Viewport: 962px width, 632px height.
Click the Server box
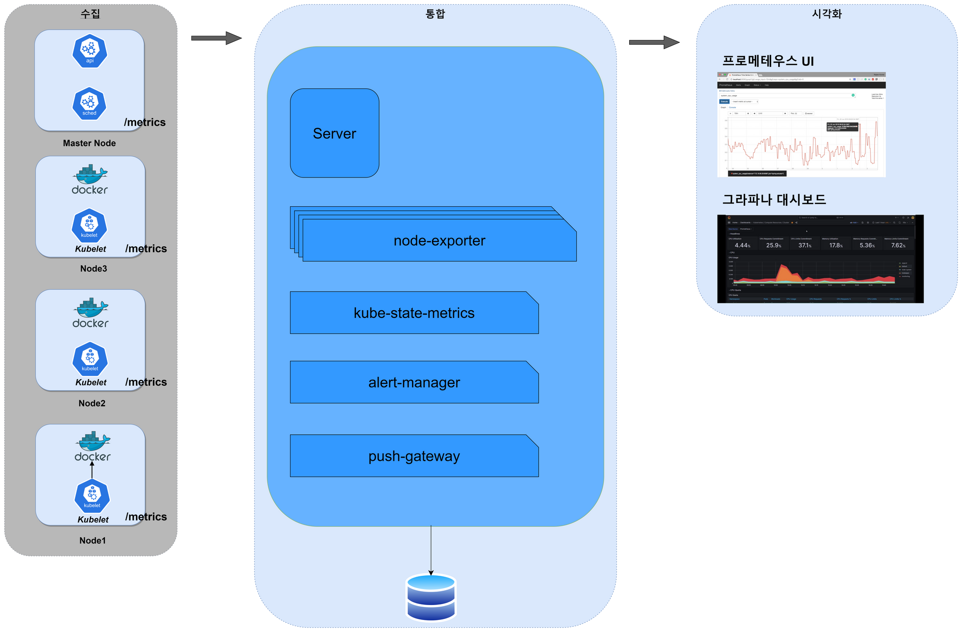[x=334, y=133]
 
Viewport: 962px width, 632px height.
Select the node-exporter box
[x=439, y=240]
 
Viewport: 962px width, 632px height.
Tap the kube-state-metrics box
[x=414, y=313]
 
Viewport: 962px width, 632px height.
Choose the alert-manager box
[x=414, y=382]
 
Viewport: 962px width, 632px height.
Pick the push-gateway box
[x=414, y=456]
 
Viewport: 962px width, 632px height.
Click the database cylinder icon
[x=431, y=597]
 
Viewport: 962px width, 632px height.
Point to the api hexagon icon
[x=90, y=51]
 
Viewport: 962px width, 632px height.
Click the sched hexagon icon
[x=89, y=103]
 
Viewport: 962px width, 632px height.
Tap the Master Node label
[x=89, y=143]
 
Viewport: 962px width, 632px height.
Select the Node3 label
[x=94, y=268]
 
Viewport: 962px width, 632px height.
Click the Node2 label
[x=92, y=403]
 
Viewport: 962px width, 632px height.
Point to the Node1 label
[x=92, y=541]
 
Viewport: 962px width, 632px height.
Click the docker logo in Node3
[x=90, y=180]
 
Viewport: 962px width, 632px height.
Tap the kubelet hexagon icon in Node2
[x=90, y=359]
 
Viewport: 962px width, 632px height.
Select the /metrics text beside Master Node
[x=145, y=122]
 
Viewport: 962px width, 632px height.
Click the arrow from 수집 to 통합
[x=215, y=38]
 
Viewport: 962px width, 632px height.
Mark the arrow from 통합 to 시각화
[x=654, y=42]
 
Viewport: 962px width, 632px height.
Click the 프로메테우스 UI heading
[x=768, y=61]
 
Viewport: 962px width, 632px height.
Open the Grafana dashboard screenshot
[x=820, y=259]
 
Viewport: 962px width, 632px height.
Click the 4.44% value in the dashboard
[x=742, y=245]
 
